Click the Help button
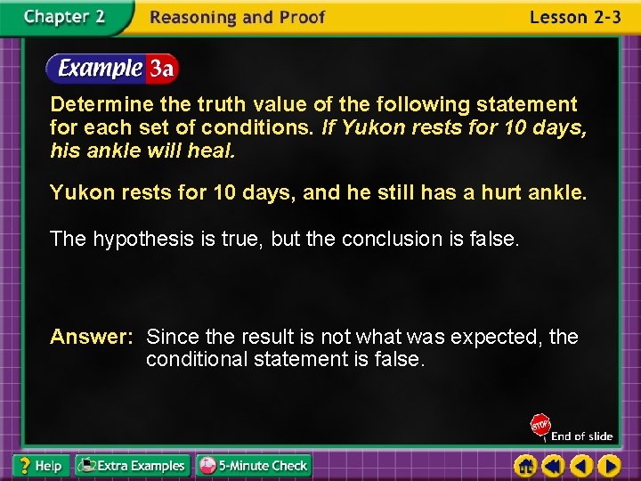click(39, 465)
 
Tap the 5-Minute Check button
click(253, 465)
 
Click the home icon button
click(526, 465)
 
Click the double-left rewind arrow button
click(554, 465)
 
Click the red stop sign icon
click(540, 426)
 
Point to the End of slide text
click(581, 436)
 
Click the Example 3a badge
click(113, 68)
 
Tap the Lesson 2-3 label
click(574, 18)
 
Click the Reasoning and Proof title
click(238, 18)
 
